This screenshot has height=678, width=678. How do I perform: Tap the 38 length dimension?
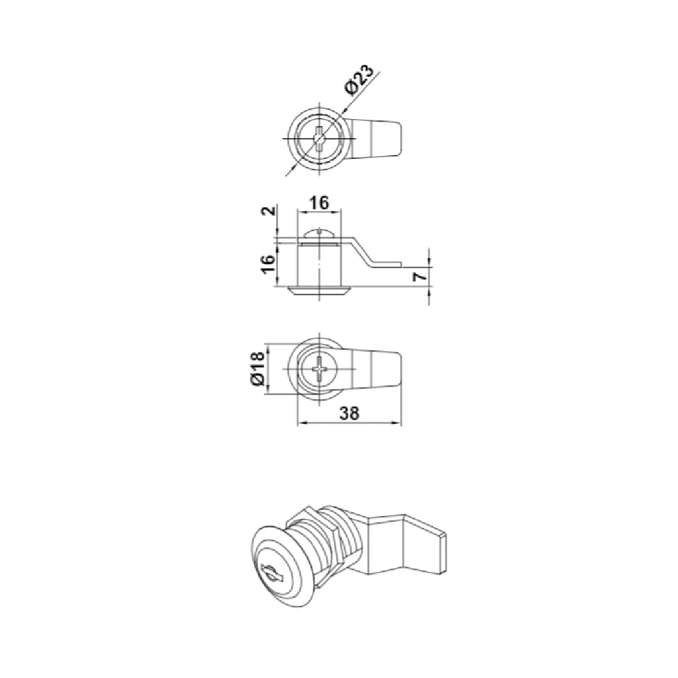coord(348,413)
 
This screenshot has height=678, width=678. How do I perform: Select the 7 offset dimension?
coord(422,274)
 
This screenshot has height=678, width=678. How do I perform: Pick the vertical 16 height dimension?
coord(268,263)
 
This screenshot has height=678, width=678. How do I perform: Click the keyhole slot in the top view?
coord(320,139)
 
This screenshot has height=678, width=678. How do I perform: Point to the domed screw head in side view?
coord(320,233)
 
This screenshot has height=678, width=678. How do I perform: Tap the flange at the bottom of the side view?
coord(320,289)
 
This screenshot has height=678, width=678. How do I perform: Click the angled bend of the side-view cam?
coord(360,251)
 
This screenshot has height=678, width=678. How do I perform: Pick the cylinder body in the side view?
coord(320,264)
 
